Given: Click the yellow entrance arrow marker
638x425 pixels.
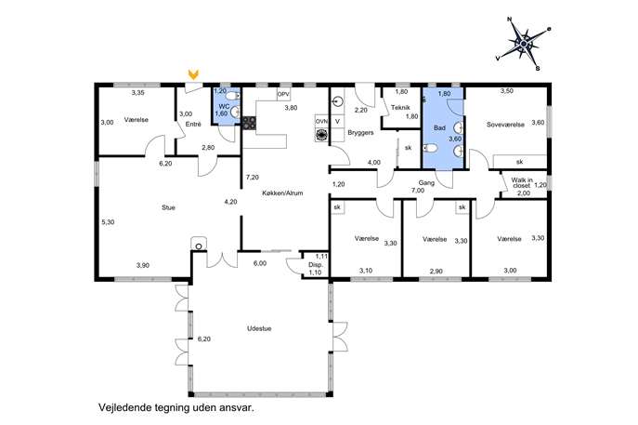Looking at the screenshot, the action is pos(194,74).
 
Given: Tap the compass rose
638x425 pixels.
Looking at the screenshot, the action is pos(524,43).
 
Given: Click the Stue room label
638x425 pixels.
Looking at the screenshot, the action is pos(168,207).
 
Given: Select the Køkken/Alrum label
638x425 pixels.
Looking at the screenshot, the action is pos(282,193).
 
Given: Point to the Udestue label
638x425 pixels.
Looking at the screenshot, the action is pos(259,328).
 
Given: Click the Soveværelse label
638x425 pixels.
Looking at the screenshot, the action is pos(505,125).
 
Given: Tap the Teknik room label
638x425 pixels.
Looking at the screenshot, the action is pos(400,108).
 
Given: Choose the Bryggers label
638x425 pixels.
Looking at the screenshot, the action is pos(360,133).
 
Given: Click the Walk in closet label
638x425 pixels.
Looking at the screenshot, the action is pos(522,182).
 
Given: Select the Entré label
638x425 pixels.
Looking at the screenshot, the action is pos(193,125).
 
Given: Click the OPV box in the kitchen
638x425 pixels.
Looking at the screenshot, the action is pos(283,95).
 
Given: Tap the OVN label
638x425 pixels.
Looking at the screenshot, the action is pos(321,122).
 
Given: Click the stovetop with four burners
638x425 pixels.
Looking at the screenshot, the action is pos(249,124).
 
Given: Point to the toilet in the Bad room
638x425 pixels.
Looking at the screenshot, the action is pos(430,148).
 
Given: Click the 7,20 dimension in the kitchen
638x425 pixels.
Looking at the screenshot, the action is pos(253,178).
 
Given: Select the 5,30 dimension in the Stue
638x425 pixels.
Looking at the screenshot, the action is pos(108,222).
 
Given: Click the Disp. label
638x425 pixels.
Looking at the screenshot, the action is pos(316,265).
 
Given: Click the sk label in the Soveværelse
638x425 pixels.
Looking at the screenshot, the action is pos(520,162).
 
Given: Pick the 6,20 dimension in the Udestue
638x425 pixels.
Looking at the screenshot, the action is pos(204,339).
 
